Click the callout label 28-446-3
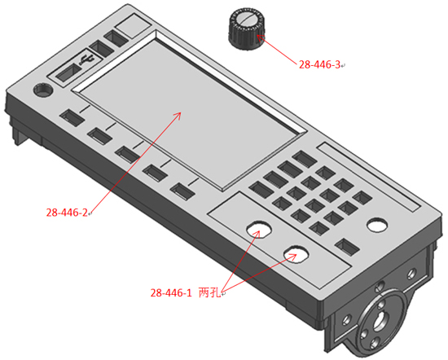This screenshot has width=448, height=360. click(319, 64)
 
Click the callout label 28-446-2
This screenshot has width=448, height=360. click(67, 213)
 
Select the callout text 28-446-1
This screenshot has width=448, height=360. click(171, 293)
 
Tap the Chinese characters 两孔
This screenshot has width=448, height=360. click(209, 292)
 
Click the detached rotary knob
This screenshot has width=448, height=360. click(248, 29)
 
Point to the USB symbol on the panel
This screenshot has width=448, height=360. click(87, 59)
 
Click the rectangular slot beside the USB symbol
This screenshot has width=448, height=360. click(68, 72)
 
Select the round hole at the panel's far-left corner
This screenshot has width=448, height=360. click(43, 90)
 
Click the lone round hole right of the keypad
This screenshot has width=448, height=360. click(377, 225)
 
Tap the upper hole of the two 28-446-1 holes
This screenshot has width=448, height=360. click(259, 229)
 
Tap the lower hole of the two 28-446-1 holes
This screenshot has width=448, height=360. click(296, 253)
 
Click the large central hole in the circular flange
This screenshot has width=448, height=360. click(380, 320)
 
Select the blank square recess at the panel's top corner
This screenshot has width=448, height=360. click(134, 26)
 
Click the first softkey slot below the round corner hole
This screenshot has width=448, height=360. click(72, 117)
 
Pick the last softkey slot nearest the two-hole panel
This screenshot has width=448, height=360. click(182, 191)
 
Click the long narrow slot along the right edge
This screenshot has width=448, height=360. click(369, 177)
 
